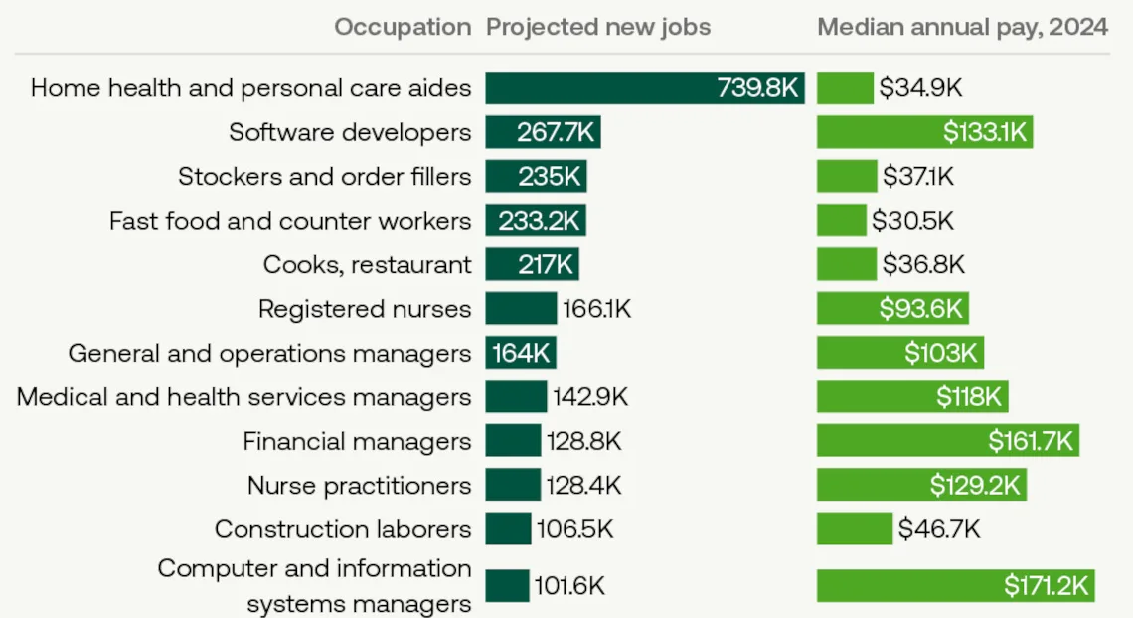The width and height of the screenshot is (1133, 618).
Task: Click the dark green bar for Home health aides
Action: click(x=644, y=88)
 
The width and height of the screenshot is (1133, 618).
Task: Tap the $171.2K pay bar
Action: click(x=956, y=585)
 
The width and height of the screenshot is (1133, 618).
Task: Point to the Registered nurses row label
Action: click(x=364, y=309)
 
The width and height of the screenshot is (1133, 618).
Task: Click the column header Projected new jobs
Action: click(x=598, y=27)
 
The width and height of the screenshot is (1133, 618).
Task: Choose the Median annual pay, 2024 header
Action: click(x=962, y=27)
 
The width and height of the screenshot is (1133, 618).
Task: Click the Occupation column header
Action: click(x=403, y=27)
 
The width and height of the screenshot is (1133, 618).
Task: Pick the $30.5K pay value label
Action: click(x=912, y=221)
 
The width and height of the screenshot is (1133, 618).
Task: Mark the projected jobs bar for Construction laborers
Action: click(x=508, y=529)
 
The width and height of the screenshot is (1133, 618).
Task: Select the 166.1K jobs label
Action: click(x=596, y=309)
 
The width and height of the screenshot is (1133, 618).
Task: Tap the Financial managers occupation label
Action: click(x=357, y=441)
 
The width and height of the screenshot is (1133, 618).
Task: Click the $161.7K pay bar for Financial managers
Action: click(x=947, y=441)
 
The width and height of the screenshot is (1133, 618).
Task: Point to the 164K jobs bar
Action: click(x=521, y=353)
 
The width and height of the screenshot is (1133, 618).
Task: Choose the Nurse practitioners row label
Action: click(x=359, y=485)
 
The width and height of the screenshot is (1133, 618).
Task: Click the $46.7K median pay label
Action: click(x=939, y=529)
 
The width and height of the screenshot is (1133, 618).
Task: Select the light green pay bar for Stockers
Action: click(x=847, y=177)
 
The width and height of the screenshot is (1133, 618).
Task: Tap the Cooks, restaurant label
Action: click(x=367, y=264)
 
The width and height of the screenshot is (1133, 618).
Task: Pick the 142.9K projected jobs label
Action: click(x=590, y=397)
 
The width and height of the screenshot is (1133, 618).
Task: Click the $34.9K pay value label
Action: click(x=920, y=88)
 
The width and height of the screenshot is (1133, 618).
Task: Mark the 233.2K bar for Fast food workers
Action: click(x=536, y=221)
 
